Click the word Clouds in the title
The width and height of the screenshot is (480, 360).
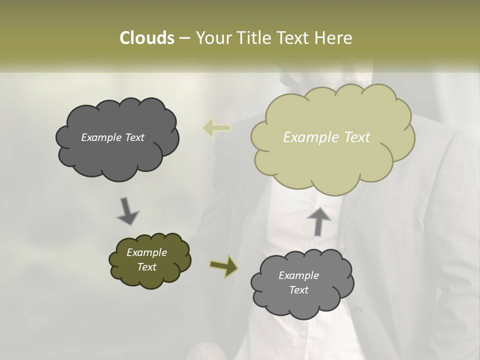coord(146,38)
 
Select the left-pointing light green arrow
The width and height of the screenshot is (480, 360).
coord(216,127)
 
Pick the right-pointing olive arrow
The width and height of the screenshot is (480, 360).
coord(223,265)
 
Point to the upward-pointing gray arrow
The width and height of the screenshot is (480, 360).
coord(318,221)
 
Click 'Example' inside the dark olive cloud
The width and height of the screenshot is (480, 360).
coord(146,252)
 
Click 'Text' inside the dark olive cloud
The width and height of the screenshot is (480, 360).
coord(146,267)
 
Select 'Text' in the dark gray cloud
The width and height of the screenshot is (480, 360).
coord(134,137)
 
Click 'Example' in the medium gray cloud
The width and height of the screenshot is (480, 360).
coord(298,275)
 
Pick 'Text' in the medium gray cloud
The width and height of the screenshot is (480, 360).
coord(298,290)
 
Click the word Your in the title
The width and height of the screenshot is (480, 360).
coord(211,38)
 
